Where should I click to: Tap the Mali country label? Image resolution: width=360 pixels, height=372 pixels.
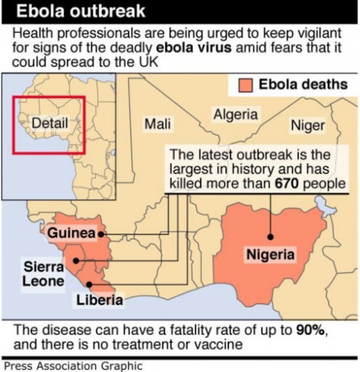pyautogui.click(x=157, y=123)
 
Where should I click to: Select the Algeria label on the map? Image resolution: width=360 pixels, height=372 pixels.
pyautogui.click(x=236, y=115)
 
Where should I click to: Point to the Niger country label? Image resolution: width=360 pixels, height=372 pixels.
pyautogui.click(x=307, y=125)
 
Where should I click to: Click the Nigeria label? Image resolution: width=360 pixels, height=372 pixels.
pyautogui.click(x=270, y=255)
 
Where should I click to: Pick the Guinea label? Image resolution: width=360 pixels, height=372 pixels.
pyautogui.click(x=71, y=233)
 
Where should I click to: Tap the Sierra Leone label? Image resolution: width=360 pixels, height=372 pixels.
pyautogui.click(x=42, y=273)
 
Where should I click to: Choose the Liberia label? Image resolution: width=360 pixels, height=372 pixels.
pyautogui.click(x=99, y=300)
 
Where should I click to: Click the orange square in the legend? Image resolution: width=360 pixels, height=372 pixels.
pyautogui.click(x=246, y=85)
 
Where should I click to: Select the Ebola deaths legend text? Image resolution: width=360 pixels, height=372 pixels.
pyautogui.click(x=303, y=85)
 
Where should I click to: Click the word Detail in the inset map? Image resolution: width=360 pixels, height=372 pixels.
pyautogui.click(x=50, y=123)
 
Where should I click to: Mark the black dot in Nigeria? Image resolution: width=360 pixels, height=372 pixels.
pyautogui.click(x=270, y=237)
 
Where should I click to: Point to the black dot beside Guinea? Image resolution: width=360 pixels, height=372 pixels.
pyautogui.click(x=101, y=235)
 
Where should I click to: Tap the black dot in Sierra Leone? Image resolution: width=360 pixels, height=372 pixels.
pyautogui.click(x=76, y=260)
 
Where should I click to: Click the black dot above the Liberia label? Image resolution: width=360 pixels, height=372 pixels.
pyautogui.click(x=91, y=286)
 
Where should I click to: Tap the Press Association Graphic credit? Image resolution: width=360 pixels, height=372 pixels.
pyautogui.click(x=73, y=366)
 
